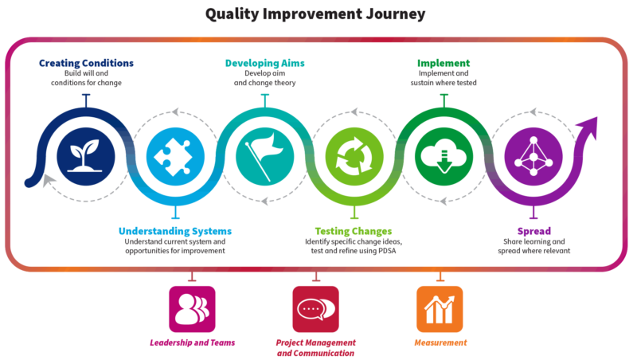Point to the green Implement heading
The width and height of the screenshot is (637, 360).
point(443,62)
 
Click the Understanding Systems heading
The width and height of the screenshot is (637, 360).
point(175,231)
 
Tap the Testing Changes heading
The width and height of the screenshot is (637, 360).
point(354,231)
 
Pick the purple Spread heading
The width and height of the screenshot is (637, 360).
point(532,231)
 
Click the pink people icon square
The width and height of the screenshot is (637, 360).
point(192,309)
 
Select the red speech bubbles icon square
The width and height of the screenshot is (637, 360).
point(316,309)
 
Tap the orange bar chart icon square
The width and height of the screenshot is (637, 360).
point(440,309)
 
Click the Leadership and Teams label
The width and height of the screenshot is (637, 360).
point(192,343)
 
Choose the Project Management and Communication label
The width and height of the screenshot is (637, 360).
point(315,347)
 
